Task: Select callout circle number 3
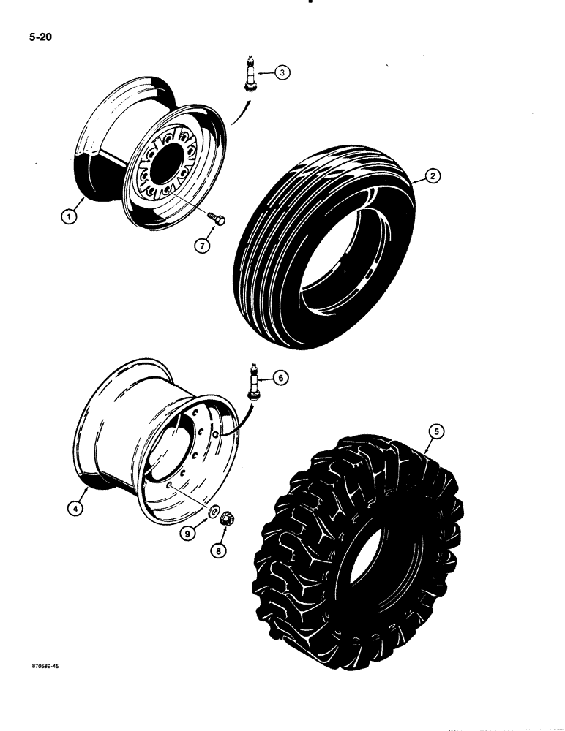point(282,72)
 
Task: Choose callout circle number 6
point(282,378)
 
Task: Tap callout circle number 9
point(189,534)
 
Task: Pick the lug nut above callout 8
point(228,519)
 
